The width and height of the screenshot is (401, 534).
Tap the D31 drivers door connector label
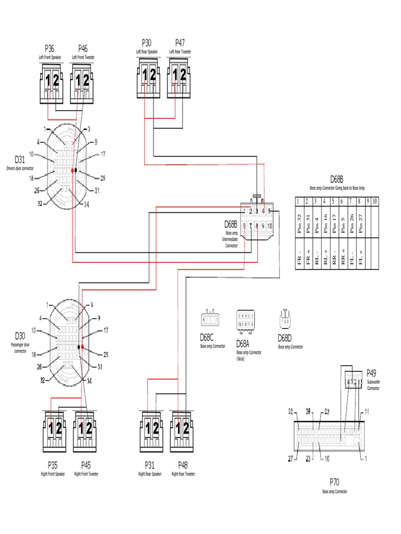pyautogui.click(x=19, y=159)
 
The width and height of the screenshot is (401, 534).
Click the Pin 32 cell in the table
pyautogui.click(x=299, y=219)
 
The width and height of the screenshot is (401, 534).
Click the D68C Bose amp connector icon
pyautogui.click(x=210, y=318)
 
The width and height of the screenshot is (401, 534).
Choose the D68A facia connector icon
pyautogui.click(x=245, y=320)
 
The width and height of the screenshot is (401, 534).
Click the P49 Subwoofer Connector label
pyautogui.click(x=371, y=373)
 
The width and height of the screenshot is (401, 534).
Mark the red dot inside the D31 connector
pyautogui.click(x=73, y=171)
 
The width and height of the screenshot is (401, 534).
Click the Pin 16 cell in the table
pyautogui.click(x=324, y=219)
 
